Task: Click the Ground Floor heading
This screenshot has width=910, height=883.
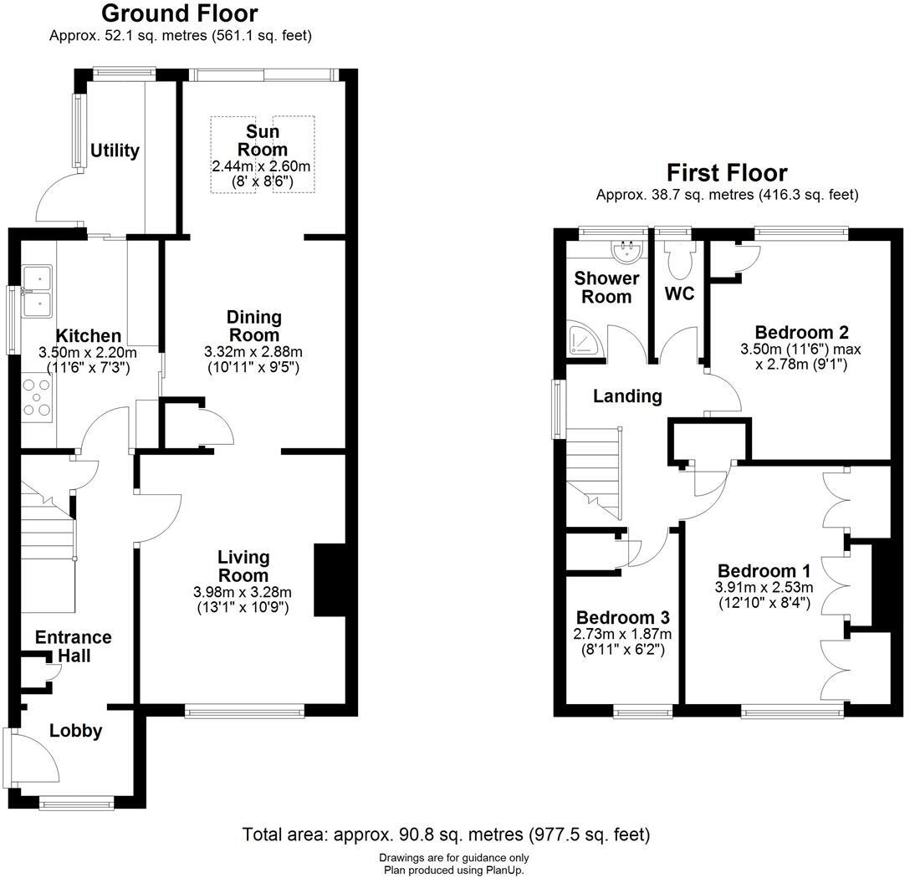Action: (180, 13)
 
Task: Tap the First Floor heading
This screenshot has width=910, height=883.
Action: (726, 173)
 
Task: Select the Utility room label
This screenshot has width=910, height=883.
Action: (115, 151)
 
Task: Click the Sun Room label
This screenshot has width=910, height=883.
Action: (262, 140)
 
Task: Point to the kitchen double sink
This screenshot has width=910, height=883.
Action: (38, 292)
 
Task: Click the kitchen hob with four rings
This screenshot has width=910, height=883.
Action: (38, 397)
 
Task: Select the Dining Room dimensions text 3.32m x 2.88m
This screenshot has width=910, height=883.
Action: (253, 351)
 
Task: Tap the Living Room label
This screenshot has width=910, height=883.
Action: (243, 566)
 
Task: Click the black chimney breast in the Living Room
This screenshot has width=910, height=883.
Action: (330, 580)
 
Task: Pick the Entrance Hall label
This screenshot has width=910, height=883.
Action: (74, 646)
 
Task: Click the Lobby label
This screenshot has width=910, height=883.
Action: (75, 731)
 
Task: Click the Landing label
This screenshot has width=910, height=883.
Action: (627, 396)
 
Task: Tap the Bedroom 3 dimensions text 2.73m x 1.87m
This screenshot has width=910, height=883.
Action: (623, 634)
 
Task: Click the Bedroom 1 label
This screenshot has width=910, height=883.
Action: (763, 571)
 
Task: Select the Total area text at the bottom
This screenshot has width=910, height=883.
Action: (445, 835)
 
